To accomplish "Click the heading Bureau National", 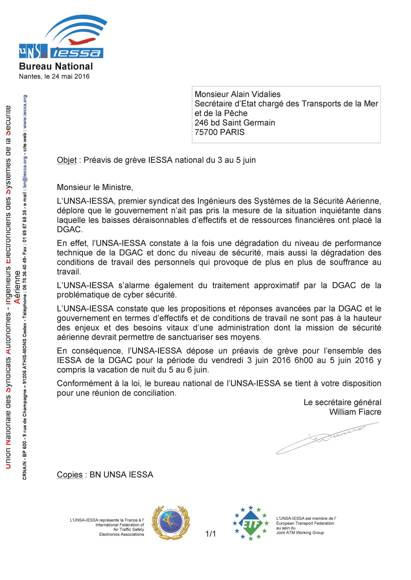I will point(56,66).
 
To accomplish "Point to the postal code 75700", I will point(206,132).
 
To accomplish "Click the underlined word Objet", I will point(67,160).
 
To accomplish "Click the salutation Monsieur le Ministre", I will point(95,187).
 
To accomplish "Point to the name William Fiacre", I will point(355,412).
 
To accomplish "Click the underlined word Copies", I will point(70,474).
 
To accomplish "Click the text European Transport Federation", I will point(305,523).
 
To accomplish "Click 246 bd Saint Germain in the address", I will point(235,123).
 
